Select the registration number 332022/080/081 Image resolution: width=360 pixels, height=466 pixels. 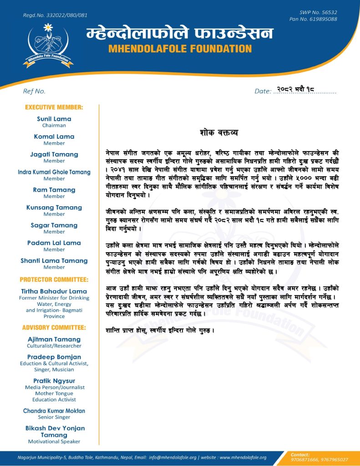pyautogui.click(x=55, y=15)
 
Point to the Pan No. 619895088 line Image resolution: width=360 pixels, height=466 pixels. pyautogui.click(x=313, y=19)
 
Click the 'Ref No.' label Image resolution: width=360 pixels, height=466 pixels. pyautogui.click(x=34, y=91)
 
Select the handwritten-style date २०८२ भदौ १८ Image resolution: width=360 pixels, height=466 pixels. pyautogui.click(x=296, y=90)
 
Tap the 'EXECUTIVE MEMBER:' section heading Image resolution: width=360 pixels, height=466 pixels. pyautogui.click(x=54, y=107)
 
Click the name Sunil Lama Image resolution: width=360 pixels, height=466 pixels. pyautogui.click(x=54, y=119)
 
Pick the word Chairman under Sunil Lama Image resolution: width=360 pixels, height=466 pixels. pyautogui.click(x=54, y=125)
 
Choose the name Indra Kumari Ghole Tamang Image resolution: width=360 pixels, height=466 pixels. pyautogui.click(x=54, y=172)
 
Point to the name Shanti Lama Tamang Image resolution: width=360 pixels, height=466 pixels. pyautogui.click(x=54, y=261)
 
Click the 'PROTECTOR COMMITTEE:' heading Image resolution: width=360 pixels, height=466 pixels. pyautogui.click(x=54, y=279)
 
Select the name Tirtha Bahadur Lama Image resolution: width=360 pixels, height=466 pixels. pyautogui.click(x=54, y=291)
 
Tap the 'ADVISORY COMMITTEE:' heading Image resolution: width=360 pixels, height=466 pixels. pyautogui.click(x=54, y=327)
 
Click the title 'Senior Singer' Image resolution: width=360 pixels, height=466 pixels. pyautogui.click(x=54, y=417)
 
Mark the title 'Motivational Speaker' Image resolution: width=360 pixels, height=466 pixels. pyautogui.click(x=54, y=441)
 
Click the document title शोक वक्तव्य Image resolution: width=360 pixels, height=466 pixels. pyautogui.click(x=218, y=133)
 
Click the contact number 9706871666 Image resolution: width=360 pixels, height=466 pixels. pyautogui.click(x=305, y=460)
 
